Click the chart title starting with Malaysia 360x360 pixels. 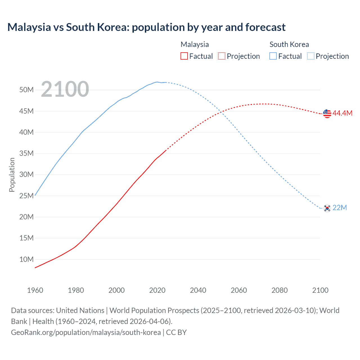click(x=146, y=27)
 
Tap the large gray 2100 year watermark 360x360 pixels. click(x=65, y=89)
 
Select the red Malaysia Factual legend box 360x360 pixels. click(x=184, y=56)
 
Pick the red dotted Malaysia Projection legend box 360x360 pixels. click(x=222, y=56)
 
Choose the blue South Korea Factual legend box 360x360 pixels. click(x=273, y=56)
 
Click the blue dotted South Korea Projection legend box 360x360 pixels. click(x=310, y=56)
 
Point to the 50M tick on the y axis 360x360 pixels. click(x=26, y=90)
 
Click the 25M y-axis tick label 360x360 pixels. click(x=26, y=196)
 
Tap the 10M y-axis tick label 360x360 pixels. click(x=26, y=259)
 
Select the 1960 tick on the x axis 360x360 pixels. click(x=35, y=290)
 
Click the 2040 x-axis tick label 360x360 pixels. click(x=198, y=290)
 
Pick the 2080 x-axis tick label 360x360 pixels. click(x=280, y=290)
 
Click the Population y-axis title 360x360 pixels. click(x=12, y=175)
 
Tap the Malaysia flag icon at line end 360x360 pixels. click(x=327, y=114)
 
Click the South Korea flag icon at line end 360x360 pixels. click(x=327, y=208)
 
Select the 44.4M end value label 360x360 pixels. click(x=342, y=113)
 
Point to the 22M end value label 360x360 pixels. click(x=339, y=208)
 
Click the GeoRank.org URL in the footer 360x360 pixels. click(x=86, y=332)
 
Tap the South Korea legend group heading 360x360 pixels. click(x=289, y=44)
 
